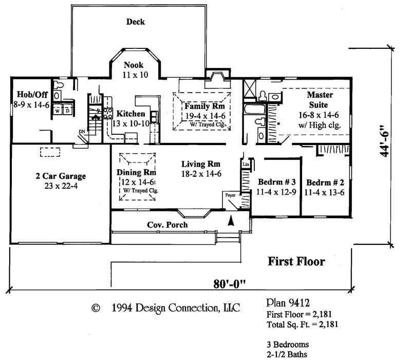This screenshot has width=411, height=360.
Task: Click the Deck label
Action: [x=136, y=22]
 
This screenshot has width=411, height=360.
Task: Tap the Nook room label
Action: [x=134, y=65]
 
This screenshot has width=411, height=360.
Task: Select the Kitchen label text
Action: [x=130, y=114]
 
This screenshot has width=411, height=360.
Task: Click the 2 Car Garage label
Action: [x=61, y=176]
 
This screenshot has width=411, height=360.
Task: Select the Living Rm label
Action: [x=201, y=165]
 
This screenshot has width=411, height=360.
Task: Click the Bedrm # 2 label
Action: [x=325, y=183]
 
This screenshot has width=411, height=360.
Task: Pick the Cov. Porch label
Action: [x=167, y=225]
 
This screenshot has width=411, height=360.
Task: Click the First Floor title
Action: [x=297, y=262]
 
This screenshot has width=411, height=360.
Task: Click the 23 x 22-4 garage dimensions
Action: [x=61, y=186]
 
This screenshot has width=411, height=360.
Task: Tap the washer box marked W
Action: [x=58, y=111]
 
